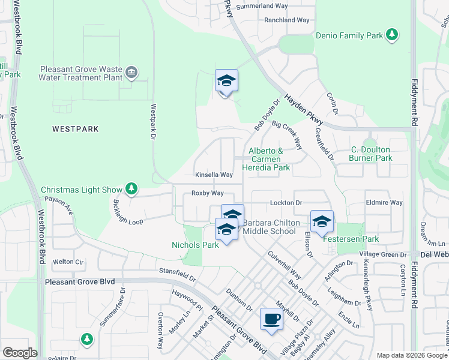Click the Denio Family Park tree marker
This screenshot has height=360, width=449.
click(x=392, y=35)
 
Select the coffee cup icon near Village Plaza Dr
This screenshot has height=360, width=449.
click(x=271, y=319)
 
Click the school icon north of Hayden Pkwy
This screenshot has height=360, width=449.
click(x=226, y=80)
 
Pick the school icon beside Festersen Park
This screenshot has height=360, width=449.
click(x=322, y=221)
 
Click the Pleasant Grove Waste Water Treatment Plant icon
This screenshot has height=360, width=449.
click(x=132, y=73)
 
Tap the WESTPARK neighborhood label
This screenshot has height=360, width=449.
click(x=75, y=129)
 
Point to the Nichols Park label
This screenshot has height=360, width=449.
click(x=195, y=245)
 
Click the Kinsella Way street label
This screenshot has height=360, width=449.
click(x=214, y=175)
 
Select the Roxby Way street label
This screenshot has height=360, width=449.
click(x=207, y=193)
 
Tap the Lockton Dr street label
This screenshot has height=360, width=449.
click(x=286, y=203)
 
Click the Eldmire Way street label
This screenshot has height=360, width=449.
click(x=385, y=203)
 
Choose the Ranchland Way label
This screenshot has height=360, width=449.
click(x=287, y=20)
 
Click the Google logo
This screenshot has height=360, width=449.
click(x=20, y=352)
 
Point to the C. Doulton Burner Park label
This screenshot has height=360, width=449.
click(x=370, y=154)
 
